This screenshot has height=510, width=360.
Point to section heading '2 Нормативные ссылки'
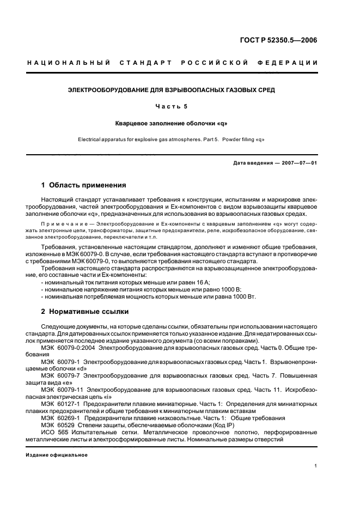pyautogui.click(x=85, y=312)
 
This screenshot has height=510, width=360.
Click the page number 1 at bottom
pyautogui.click(x=316, y=466)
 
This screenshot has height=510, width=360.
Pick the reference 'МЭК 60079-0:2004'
pyautogui.click(x=68, y=347)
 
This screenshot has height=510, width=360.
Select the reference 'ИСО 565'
pyautogui.click(x=53, y=432)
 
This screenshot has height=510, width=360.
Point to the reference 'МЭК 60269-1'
pyautogui.click(x=60, y=418)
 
